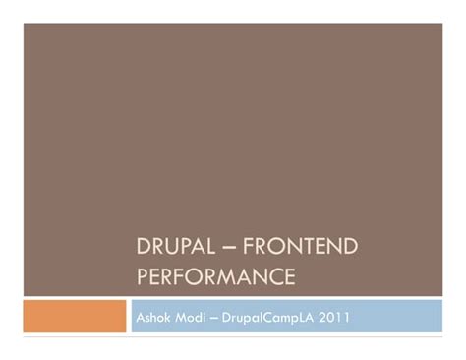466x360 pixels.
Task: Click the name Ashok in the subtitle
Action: coord(152,317)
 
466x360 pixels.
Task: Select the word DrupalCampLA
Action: coord(281,317)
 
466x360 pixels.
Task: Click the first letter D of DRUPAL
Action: coord(142,250)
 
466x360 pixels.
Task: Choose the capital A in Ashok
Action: coord(139,317)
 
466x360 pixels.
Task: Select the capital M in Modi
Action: coord(182,317)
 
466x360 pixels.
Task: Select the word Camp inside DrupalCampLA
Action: coord(292,317)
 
